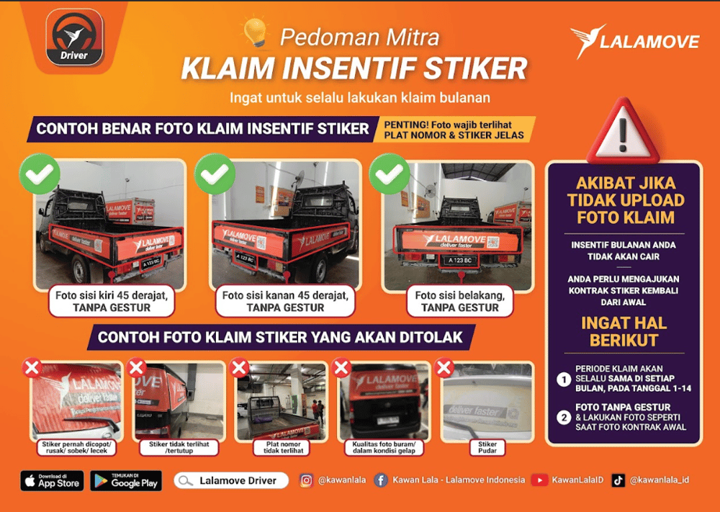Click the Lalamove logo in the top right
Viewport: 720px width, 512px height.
[634, 42]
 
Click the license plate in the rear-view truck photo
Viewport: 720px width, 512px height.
[459, 259]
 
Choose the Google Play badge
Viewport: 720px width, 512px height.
[126, 481]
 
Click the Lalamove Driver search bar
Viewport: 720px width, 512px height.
[231, 480]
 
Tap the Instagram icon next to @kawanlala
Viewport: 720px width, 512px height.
[306, 480]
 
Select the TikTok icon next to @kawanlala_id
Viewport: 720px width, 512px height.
[618, 480]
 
